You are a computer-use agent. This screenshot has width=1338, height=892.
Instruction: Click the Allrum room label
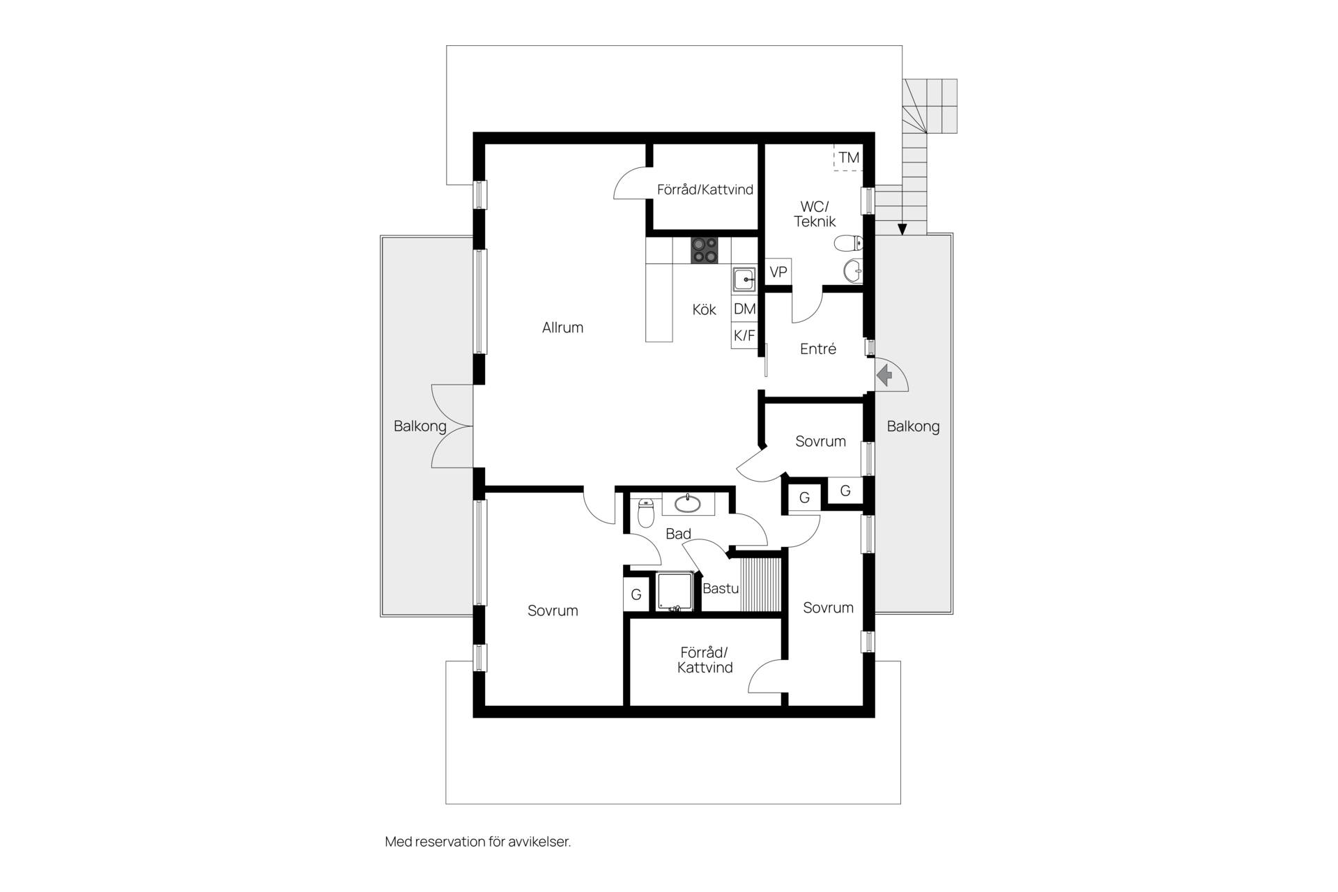[x=562, y=328]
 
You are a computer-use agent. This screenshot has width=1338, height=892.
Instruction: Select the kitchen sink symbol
[x=744, y=279]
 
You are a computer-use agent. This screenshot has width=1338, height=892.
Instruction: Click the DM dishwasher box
[x=744, y=309]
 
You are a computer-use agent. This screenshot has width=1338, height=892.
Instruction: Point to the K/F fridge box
[x=744, y=335]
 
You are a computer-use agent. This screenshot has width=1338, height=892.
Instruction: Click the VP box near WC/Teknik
[x=778, y=272]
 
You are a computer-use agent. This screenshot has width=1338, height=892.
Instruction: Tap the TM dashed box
[x=848, y=157]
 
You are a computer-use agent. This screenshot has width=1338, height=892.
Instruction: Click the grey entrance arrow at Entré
[x=884, y=377]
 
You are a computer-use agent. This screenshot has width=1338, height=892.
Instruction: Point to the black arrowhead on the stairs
[x=902, y=229]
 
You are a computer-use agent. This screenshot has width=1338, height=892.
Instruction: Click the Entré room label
[x=818, y=349]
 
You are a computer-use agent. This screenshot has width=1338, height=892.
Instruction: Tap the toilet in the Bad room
[x=646, y=513]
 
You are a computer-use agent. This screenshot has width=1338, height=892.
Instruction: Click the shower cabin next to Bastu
[x=675, y=592]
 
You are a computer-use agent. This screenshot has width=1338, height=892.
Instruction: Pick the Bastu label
[x=721, y=588]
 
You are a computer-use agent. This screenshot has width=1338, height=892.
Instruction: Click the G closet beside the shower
[x=636, y=595]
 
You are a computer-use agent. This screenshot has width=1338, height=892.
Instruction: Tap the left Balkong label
[x=420, y=426]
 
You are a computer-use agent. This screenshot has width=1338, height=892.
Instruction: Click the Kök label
[x=704, y=309]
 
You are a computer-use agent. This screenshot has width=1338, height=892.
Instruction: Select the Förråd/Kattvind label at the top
[x=705, y=190]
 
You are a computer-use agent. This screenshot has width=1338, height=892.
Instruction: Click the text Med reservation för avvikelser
[x=478, y=842]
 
